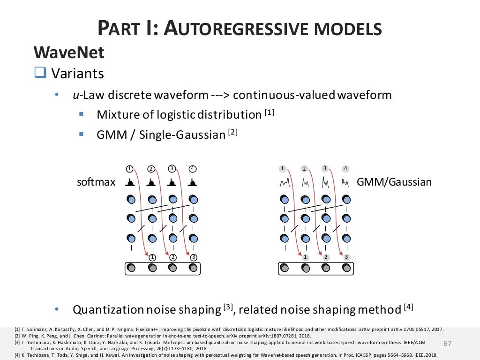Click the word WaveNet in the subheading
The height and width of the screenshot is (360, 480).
tap(68, 53)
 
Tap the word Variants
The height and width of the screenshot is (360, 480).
tap(77, 74)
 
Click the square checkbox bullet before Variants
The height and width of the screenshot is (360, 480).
tap(40, 73)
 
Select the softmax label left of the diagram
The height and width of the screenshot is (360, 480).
tap(96, 182)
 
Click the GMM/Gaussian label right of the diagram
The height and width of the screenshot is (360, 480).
tap(394, 182)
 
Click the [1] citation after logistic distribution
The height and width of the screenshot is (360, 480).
tap(269, 112)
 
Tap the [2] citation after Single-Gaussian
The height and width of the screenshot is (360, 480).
tap(233, 133)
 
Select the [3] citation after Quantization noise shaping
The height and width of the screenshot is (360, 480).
tap(228, 307)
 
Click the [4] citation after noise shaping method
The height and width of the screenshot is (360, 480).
tap(409, 307)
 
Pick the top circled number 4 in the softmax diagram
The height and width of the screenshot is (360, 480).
tap(192, 168)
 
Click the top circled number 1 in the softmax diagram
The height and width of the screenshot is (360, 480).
tap(130, 168)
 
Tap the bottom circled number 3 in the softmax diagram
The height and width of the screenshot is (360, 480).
tap(193, 257)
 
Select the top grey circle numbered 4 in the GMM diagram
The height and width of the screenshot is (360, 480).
tap(345, 168)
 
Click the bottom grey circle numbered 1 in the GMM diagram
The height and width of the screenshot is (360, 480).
tap(305, 257)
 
